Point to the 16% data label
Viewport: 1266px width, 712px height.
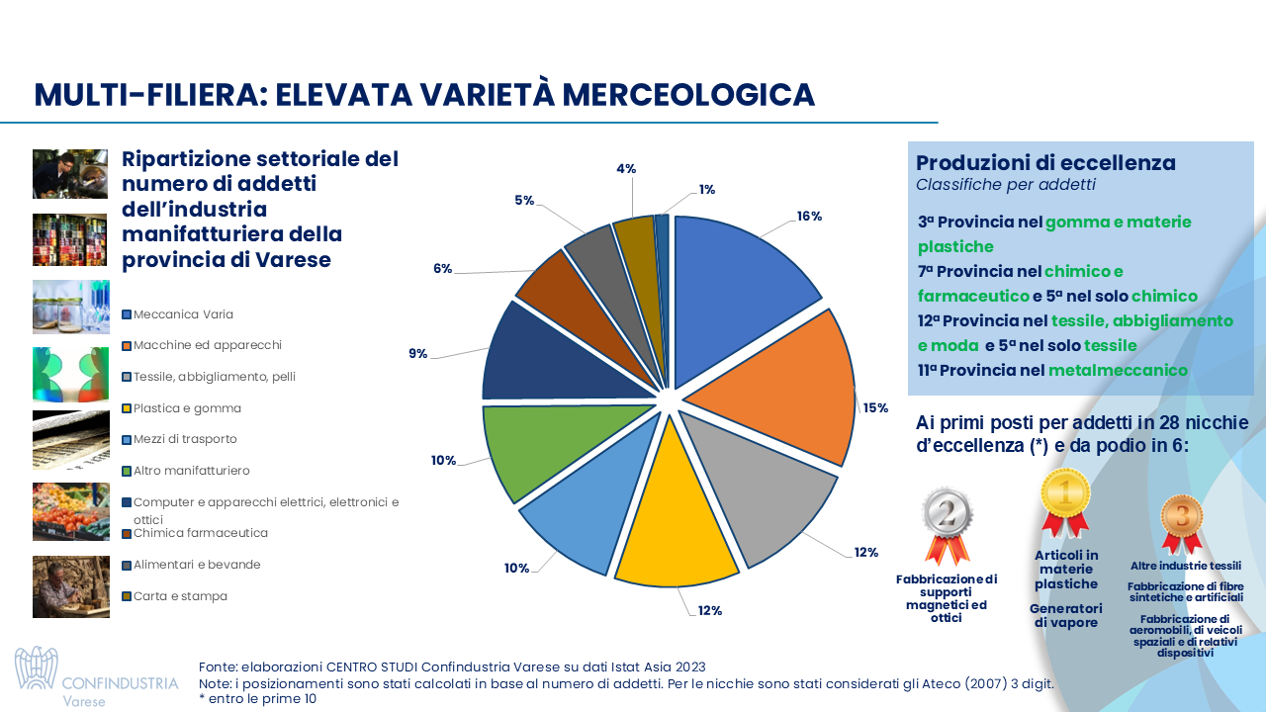809,217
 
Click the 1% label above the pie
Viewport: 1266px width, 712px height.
706,189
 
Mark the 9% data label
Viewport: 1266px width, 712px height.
417,353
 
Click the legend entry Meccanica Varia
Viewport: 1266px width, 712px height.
183,314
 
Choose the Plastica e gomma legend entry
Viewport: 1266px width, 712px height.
187,408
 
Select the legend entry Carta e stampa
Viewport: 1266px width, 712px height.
180,596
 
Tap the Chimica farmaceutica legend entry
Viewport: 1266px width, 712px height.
201,533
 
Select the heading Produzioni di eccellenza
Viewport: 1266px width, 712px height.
1045,163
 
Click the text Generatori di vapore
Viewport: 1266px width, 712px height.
1065,616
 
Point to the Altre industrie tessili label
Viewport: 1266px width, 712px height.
1185,566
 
